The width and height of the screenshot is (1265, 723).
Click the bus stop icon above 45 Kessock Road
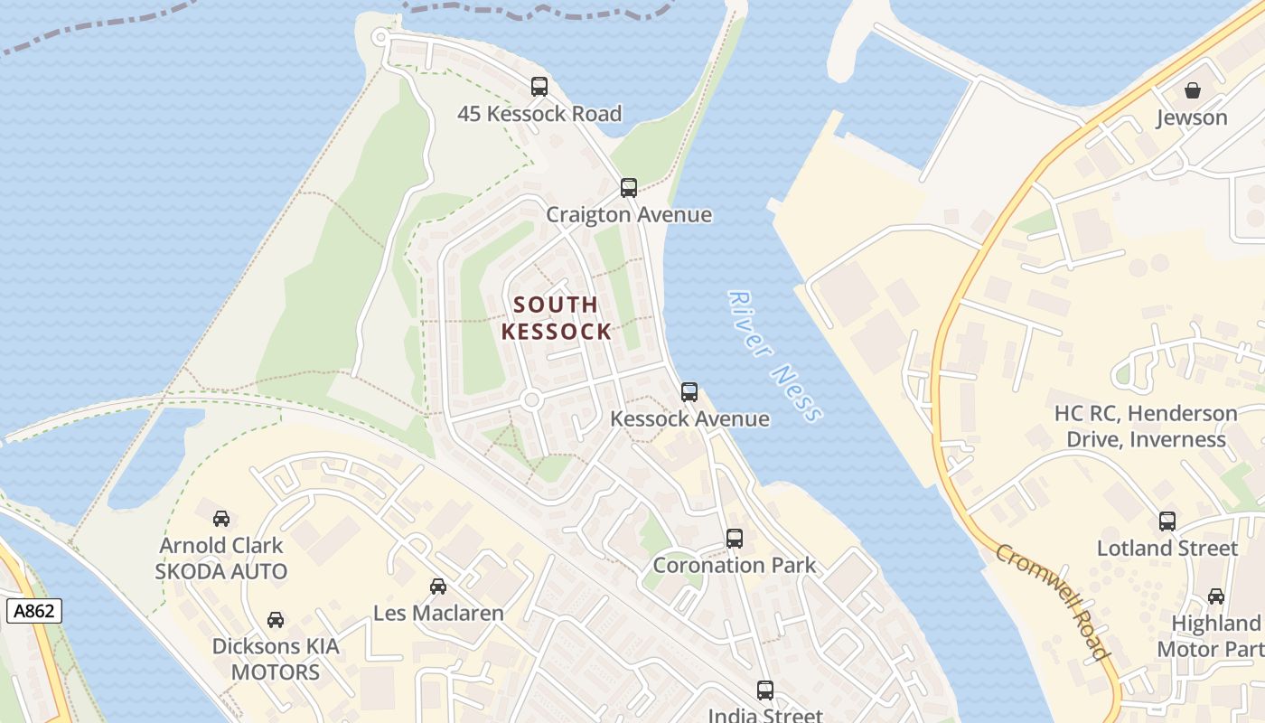539,87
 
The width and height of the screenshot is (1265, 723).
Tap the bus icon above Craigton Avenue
629,188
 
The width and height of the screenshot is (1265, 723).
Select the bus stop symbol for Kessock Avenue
689,392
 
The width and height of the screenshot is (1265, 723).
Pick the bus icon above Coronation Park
735,539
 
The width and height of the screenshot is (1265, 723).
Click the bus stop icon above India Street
765,690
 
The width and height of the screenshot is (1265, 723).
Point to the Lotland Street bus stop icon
1167,521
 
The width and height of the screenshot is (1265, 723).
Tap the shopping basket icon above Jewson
1193,90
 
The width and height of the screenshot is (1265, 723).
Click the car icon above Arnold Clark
221,519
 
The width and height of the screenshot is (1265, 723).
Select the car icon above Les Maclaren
438,587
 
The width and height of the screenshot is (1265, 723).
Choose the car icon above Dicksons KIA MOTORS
276,620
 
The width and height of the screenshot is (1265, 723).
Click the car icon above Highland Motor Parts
1216,596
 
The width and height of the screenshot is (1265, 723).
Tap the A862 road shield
35,611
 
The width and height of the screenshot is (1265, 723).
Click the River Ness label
775,356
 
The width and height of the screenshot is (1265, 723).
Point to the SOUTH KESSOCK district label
557,318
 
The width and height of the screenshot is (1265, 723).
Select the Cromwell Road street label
1054,600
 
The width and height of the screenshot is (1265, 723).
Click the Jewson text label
1193,117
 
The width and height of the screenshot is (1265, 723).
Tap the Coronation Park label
734,566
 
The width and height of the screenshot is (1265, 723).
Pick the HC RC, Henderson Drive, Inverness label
1146,427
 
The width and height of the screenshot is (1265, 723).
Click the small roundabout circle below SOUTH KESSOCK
531,399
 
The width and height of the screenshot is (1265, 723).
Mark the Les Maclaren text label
438,613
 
